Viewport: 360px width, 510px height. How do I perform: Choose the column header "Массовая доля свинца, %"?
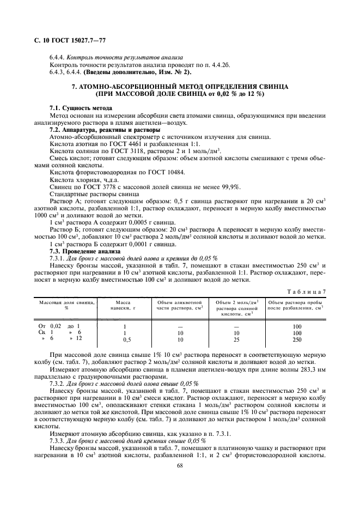click(66, 305)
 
